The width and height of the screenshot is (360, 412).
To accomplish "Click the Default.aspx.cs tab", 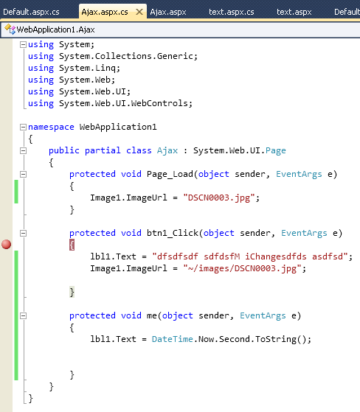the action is point(31,12).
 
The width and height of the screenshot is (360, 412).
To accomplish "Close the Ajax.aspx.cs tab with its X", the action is point(139,12).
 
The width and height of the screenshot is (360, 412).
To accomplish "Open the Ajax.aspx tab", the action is point(168,12).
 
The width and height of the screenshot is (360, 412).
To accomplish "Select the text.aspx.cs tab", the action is point(232,12).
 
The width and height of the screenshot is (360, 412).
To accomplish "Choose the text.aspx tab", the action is point(294,12).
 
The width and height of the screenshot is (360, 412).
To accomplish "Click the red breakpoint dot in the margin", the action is point(7,245).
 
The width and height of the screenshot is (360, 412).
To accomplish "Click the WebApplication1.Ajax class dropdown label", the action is point(55,29).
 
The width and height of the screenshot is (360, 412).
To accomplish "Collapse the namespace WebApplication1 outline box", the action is point(23,128).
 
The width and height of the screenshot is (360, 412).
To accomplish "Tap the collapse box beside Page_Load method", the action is point(23,174).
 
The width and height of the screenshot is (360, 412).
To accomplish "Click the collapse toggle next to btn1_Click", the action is point(23,233).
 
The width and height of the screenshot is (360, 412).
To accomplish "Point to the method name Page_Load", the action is point(170,174).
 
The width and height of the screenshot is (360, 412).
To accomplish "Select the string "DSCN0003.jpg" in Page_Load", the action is point(219,198).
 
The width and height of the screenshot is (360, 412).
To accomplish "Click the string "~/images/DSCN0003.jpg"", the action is point(242,268).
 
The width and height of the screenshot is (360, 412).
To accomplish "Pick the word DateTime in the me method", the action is point(172,339).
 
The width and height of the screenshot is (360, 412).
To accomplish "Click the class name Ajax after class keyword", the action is point(167,150).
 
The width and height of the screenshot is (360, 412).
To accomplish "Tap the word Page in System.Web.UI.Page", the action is point(276,150).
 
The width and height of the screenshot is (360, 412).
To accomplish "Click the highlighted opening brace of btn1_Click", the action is point(72,245).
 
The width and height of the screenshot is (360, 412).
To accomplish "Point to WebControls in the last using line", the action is point(159,103).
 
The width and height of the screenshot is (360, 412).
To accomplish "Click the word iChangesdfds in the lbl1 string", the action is point(276,256).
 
